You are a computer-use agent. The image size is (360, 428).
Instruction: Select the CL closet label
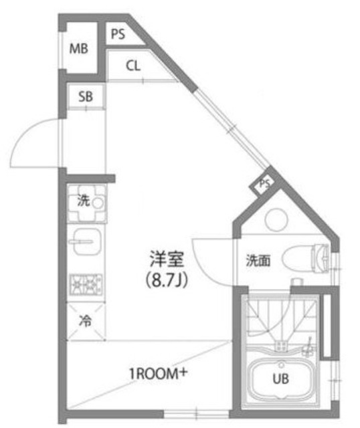132,66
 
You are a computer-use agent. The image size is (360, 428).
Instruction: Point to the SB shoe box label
85,96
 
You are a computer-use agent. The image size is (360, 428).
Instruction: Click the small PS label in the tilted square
265,183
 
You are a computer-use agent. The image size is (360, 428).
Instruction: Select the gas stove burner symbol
86,285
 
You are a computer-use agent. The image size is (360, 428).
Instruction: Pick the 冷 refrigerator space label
85,320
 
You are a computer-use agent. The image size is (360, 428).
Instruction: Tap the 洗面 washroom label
258,260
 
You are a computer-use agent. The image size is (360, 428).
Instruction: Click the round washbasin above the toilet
275,221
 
